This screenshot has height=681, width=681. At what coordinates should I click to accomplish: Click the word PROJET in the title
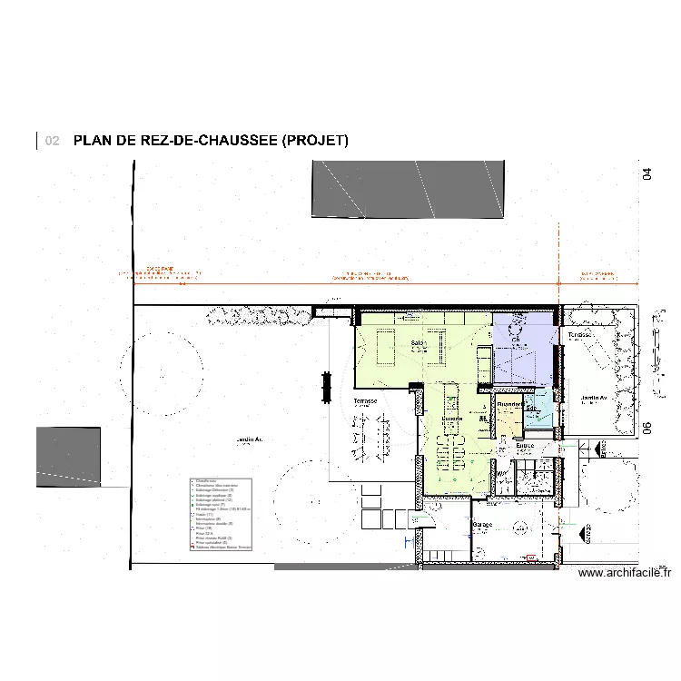pos(314,141)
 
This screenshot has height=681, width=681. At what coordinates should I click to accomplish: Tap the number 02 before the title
pos(52,141)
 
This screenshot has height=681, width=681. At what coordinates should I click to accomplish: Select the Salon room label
pos(419,343)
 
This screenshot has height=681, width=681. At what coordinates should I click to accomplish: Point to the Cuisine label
pos(452,419)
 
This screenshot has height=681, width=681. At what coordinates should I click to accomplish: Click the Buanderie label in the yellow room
pos(508,405)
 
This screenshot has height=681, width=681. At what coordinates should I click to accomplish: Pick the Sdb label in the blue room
pos(530,409)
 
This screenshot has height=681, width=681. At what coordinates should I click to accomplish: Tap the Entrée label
pos(525,446)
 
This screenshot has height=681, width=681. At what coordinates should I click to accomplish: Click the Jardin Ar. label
pos(249,439)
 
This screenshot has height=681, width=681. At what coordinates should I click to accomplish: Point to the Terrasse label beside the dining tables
pos(365,400)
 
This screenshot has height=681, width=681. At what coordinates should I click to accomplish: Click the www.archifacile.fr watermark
pos(624,572)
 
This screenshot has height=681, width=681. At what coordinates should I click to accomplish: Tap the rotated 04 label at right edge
pos(647,173)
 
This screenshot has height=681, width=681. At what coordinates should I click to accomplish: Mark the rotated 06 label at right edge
pos(647,429)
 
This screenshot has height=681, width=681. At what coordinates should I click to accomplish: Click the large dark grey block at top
pos(408,189)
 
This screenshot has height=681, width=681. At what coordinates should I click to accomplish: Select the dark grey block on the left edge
pos(68,456)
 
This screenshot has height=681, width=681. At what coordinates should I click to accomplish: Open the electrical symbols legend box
pos(221,515)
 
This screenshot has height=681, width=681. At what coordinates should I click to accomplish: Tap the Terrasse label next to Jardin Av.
pos(579,335)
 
